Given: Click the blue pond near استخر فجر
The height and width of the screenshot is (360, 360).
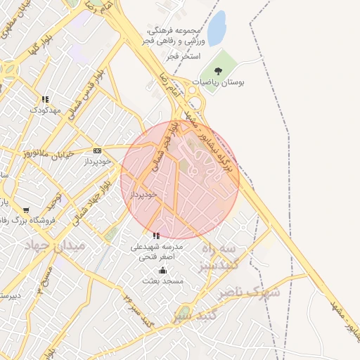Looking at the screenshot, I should click(217, 29).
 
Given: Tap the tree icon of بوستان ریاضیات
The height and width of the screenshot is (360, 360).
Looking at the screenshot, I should click(219, 70).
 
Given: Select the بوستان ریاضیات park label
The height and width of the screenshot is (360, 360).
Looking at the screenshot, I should click(222, 82).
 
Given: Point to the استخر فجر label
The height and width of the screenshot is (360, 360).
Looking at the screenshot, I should click(186, 55).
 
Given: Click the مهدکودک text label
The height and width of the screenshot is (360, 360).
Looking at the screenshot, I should click(45, 110).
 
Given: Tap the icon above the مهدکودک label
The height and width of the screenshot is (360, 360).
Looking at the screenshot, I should click(45, 99).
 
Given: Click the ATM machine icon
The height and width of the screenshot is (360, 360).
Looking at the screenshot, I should click(97, 150).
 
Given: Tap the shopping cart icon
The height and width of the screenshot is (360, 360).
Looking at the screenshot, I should click(26, 210).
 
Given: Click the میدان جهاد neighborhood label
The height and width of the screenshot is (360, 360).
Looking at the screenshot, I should click(54, 245).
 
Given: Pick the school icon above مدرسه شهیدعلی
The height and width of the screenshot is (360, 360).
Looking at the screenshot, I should click(156, 236).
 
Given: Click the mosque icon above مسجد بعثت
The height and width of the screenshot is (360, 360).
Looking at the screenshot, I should click(163, 270).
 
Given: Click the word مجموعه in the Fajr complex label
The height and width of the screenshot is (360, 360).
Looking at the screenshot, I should click(205, 30).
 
